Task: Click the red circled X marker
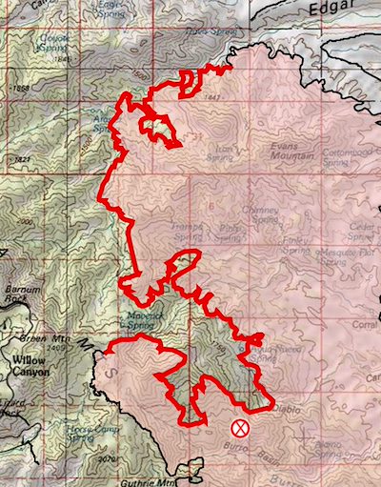click(241, 427)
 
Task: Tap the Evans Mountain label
click(291, 152)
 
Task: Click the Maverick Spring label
click(140, 320)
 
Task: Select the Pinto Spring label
click(230, 233)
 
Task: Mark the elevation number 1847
click(212, 99)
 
